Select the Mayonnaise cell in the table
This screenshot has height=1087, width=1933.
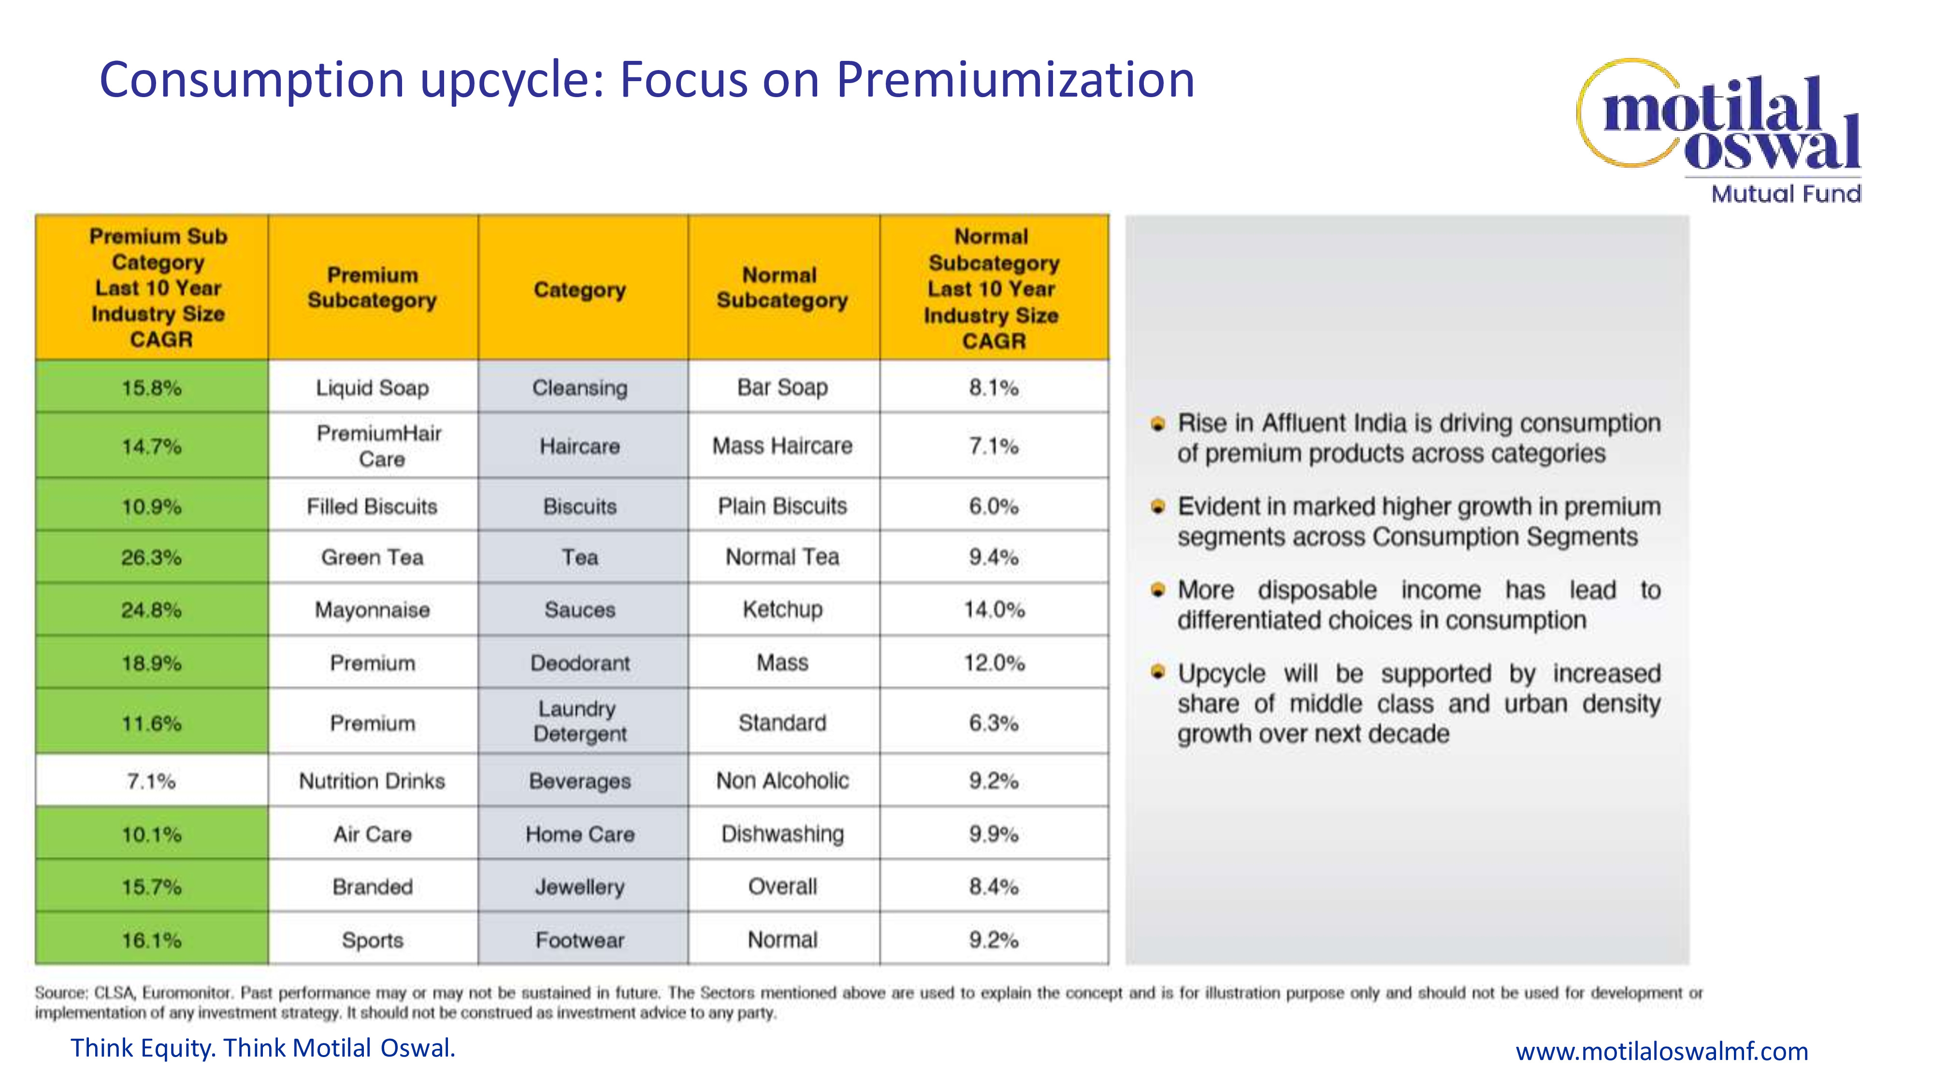click(x=373, y=610)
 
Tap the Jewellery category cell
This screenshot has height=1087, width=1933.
click(x=580, y=887)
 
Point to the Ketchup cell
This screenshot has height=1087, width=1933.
click(x=783, y=609)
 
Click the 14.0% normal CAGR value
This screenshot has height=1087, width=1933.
click(x=994, y=609)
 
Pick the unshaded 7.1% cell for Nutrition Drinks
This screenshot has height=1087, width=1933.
click(x=152, y=781)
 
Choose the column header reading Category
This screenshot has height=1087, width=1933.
click(x=580, y=289)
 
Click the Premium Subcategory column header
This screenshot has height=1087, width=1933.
click(x=373, y=287)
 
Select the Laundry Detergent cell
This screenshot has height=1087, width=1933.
click(x=580, y=721)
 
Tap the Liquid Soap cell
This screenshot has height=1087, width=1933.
click(x=373, y=387)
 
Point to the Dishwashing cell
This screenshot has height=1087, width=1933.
click(x=783, y=833)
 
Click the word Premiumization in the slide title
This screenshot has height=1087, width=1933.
click(x=1015, y=80)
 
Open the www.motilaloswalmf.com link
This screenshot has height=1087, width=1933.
click(x=1661, y=1051)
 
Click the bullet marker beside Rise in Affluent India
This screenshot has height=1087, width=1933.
click(x=1158, y=424)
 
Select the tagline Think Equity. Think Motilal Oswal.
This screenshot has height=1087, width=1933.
click(x=262, y=1048)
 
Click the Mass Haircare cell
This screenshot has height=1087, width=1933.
click(x=783, y=445)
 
